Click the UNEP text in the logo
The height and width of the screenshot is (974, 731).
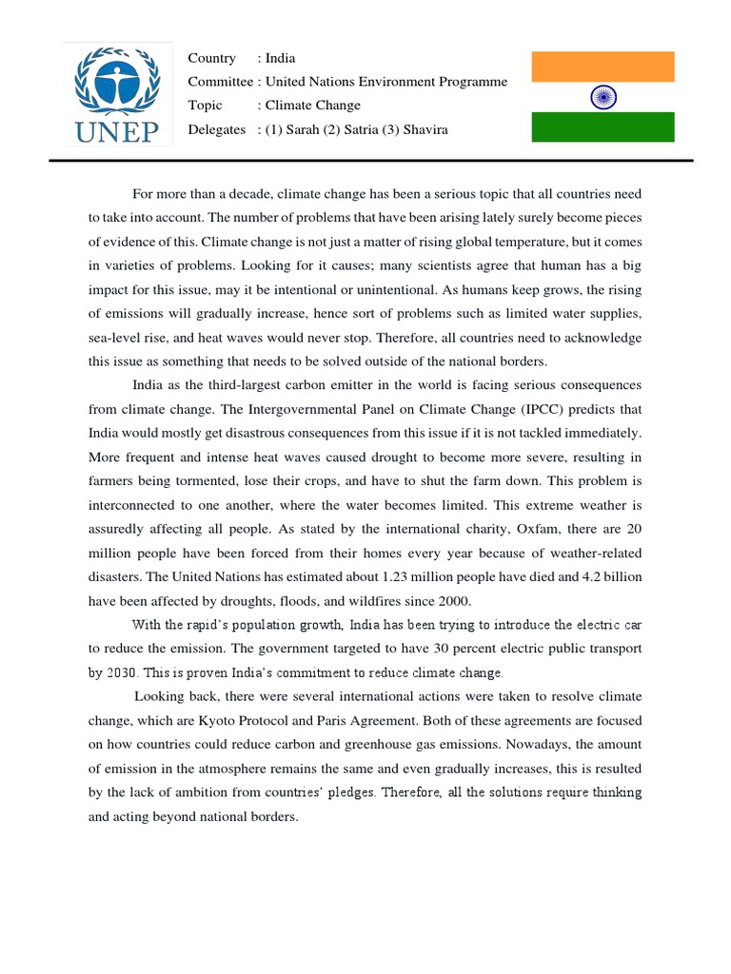pos(117,130)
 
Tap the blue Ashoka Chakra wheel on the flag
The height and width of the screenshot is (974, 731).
pos(603,96)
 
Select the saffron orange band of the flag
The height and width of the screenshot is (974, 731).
pos(603,67)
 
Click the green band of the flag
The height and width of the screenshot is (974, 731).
pos(603,127)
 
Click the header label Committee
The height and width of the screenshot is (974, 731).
pos(221,82)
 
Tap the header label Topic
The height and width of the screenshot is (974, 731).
pos(206,106)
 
